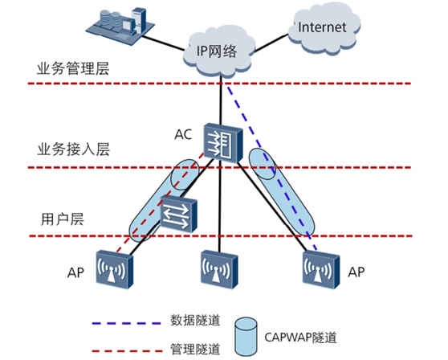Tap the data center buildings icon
(x=117, y=25)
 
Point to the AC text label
(x=183, y=134)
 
